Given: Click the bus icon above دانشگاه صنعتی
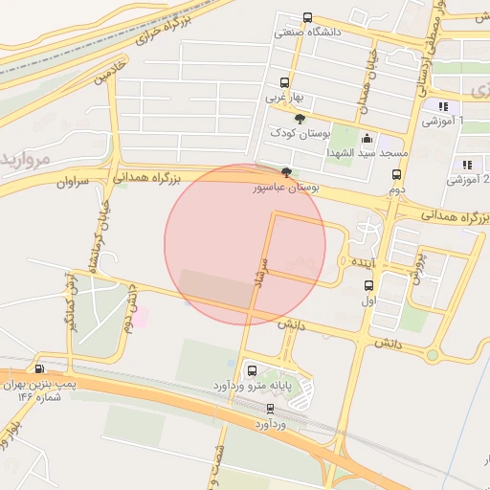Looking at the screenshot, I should point(307,17).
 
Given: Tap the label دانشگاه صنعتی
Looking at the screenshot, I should point(308,32).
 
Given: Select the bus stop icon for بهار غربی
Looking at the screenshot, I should point(284,82).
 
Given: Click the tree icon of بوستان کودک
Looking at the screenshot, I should point(301,119).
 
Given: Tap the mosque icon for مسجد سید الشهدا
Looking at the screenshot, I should point(366,139).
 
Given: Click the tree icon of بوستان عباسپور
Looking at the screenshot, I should point(287,174).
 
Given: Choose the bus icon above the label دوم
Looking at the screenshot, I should point(396,174).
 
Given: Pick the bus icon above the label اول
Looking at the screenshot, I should point(369,285).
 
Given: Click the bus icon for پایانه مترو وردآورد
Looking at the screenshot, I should point(252,370).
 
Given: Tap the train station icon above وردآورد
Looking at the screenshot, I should point(272,409).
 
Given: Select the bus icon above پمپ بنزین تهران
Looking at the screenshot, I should point(39,368).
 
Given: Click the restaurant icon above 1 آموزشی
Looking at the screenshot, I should point(442,106).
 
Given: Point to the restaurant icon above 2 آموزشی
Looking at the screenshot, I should point(467,165).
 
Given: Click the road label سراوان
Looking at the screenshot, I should point(72,181).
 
